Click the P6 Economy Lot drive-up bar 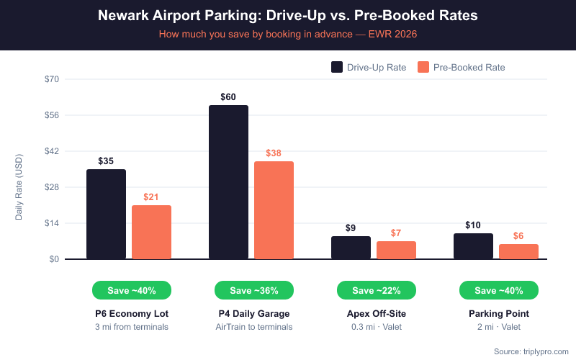point(106,214)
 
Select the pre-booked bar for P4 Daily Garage point(274,210)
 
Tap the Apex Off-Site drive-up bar point(351,248)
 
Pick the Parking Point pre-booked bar point(518,251)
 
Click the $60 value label point(228,97)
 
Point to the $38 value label point(274,153)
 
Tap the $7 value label point(396,233)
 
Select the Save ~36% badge point(253,290)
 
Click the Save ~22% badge point(376,290)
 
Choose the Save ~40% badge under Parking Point point(498,290)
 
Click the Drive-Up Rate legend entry point(369,67)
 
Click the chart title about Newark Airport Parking point(288,15)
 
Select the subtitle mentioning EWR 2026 point(288,33)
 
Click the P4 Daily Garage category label point(253,314)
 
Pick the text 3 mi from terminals point(131,327)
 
